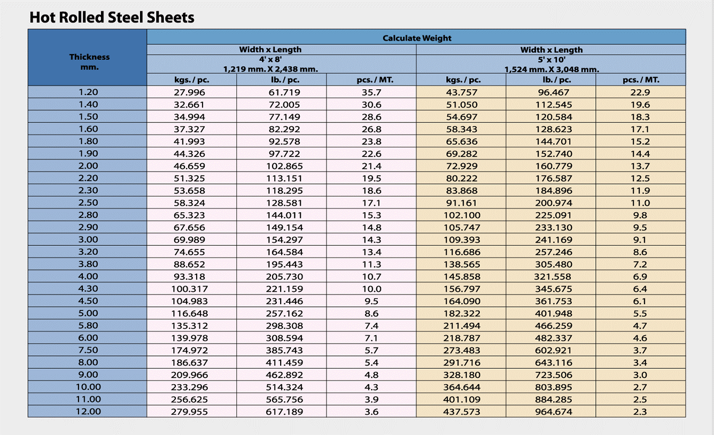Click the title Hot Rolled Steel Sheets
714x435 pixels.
pos(112,18)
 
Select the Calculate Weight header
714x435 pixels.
pos(416,38)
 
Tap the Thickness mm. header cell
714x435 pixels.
pos(89,62)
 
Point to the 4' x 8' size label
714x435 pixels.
pos(270,59)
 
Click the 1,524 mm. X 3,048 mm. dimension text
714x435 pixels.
pos(552,69)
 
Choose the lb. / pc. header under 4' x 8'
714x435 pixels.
pos(282,80)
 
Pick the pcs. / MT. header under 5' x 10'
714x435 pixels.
pos(641,80)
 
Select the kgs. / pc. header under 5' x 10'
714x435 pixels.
pos(463,80)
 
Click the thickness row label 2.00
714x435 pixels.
pos(88,166)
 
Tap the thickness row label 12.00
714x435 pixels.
pos(88,411)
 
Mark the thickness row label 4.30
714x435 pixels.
pos(88,289)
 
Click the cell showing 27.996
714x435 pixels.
pos(189,92)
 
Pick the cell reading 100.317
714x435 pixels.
pos(189,289)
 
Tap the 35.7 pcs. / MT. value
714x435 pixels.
pos(371,92)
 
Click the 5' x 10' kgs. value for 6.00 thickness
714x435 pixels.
pos(462,338)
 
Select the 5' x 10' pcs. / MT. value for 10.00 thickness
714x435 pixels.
pos(640,387)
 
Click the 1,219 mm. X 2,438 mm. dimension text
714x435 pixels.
pos(270,69)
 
